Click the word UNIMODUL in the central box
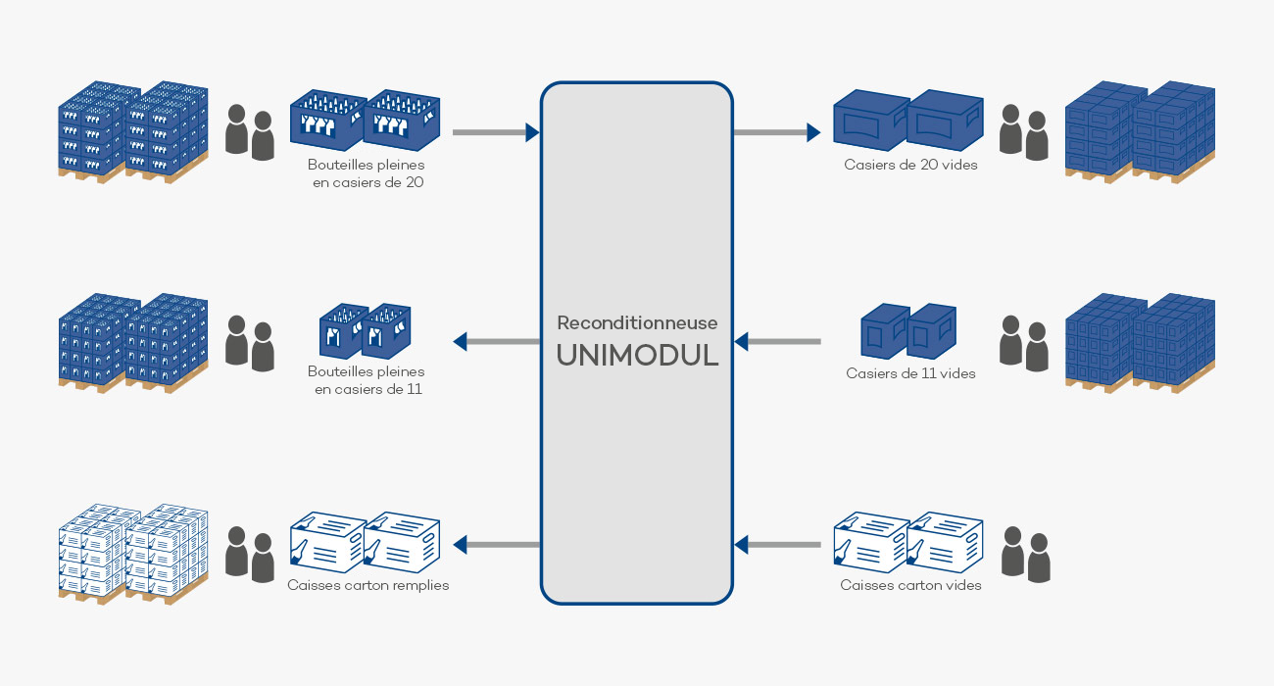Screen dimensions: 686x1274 [x=637, y=355]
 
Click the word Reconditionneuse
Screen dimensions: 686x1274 [x=637, y=322]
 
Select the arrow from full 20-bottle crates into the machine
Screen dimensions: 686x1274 [x=496, y=131]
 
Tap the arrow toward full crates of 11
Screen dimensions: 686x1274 [x=496, y=342]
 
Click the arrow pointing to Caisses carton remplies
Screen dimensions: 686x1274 [x=496, y=544]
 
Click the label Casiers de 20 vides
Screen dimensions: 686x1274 [x=910, y=165]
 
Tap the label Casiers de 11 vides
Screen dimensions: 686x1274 [x=910, y=373]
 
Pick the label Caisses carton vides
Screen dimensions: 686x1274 [x=910, y=585]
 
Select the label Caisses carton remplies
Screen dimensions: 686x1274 [x=367, y=585]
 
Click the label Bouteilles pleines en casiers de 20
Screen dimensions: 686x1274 [x=367, y=173]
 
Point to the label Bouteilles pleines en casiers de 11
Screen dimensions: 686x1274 [x=367, y=380]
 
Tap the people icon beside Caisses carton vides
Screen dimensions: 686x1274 [x=1025, y=555]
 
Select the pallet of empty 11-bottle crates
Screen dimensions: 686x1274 [x=1140, y=342]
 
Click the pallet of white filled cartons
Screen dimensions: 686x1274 [x=132, y=553]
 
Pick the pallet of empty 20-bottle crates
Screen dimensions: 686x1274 [x=1140, y=132]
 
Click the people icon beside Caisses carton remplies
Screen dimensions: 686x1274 [x=250, y=554]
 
